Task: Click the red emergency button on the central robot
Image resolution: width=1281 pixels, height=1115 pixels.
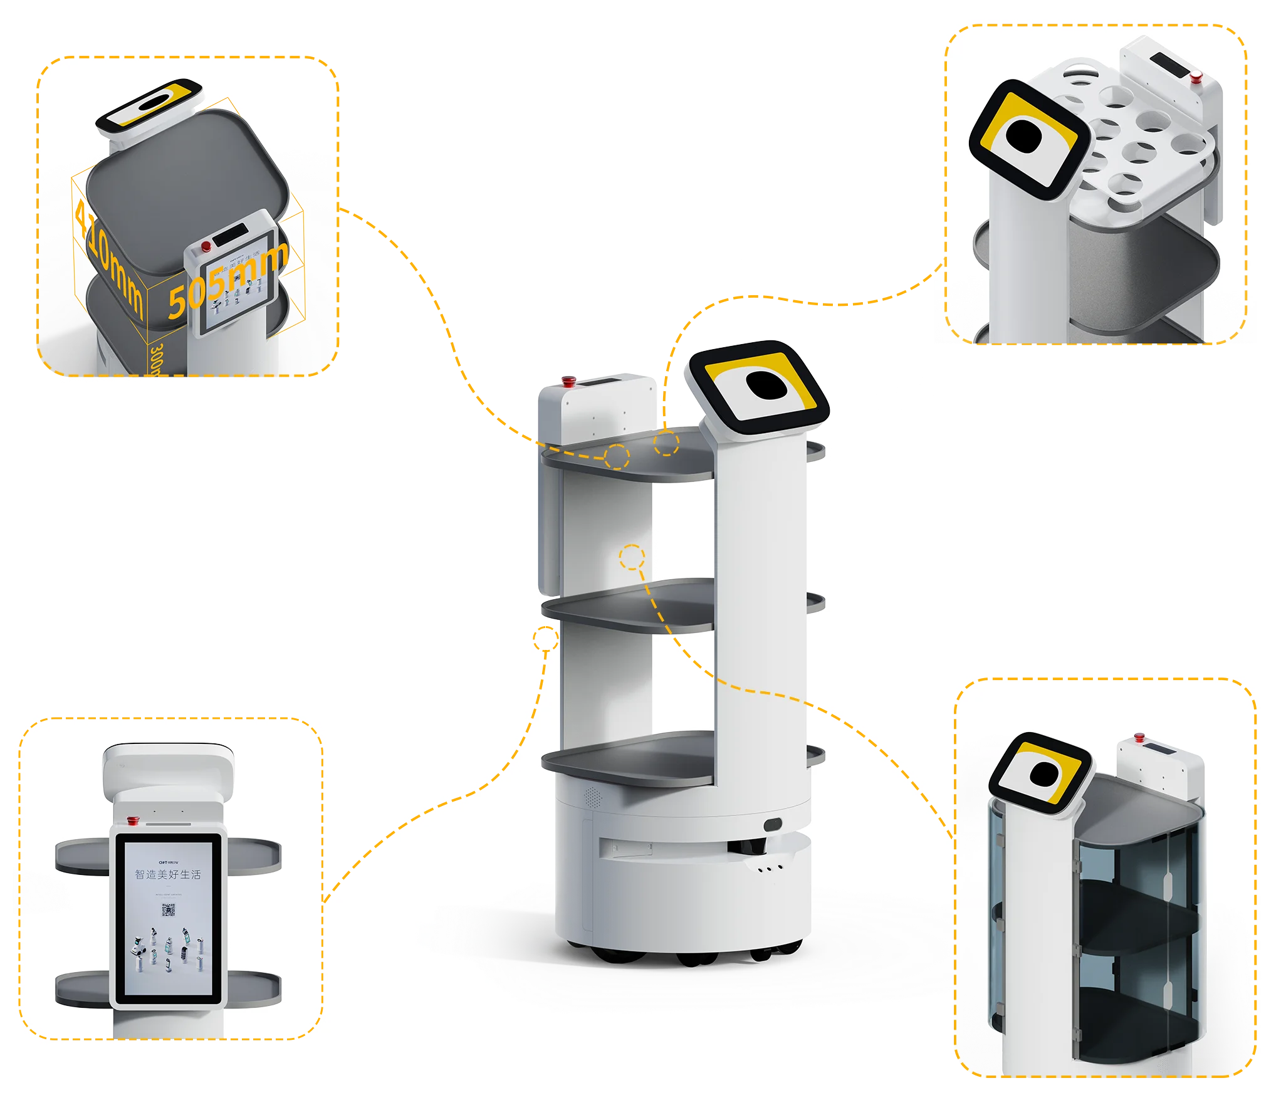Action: click(569, 380)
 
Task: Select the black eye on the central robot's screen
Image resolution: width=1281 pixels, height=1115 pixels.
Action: click(766, 385)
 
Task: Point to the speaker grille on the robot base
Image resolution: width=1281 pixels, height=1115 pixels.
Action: click(592, 797)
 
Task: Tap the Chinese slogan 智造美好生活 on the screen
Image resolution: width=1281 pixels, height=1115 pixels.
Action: click(168, 874)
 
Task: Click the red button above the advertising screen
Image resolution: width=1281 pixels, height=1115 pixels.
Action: click(133, 820)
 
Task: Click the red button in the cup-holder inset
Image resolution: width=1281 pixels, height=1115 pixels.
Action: click(1196, 77)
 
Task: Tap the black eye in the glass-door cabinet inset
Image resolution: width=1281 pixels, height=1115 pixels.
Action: click(1042, 774)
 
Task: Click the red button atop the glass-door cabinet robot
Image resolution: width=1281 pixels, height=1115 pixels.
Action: click(1139, 737)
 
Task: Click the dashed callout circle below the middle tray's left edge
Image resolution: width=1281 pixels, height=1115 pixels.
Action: click(545, 639)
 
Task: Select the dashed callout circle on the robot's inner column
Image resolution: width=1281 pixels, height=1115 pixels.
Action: click(632, 557)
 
